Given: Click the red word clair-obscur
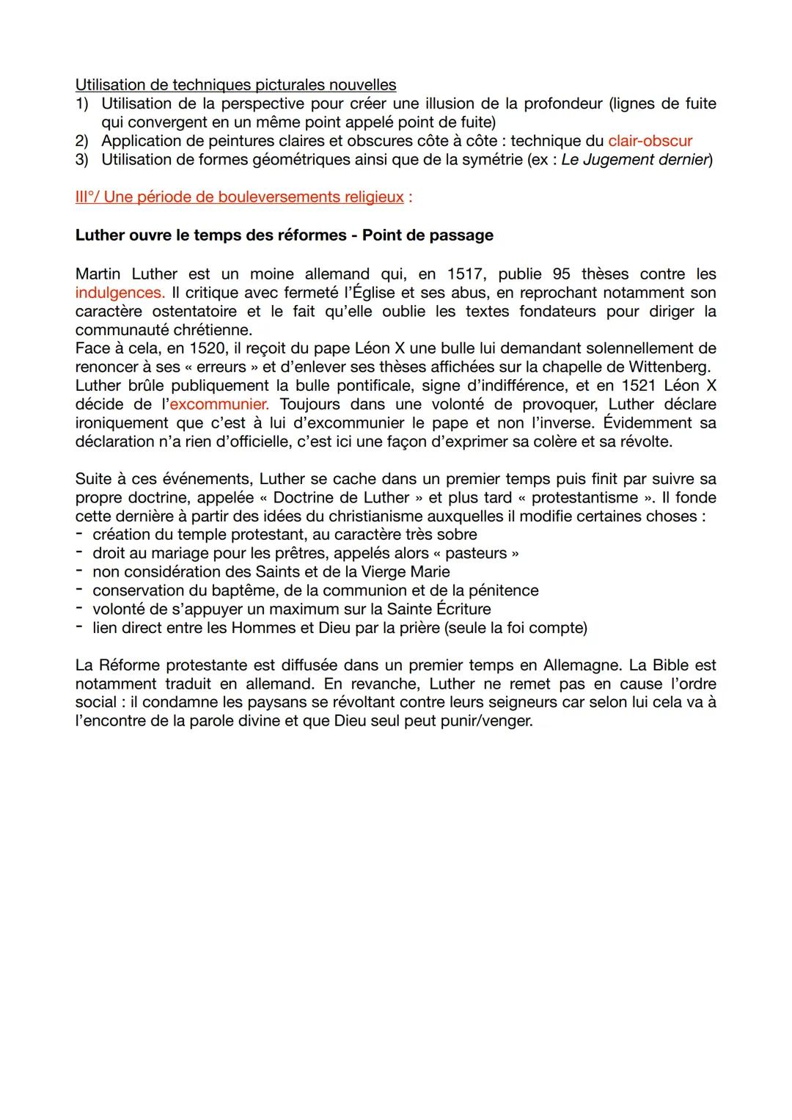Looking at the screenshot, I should pyautogui.click(x=650, y=141).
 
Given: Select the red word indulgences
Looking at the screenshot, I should pyautogui.click(x=120, y=293).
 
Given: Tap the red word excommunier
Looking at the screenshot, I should pyautogui.click(x=219, y=404).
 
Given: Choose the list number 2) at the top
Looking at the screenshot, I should pyautogui.click(x=82, y=141).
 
